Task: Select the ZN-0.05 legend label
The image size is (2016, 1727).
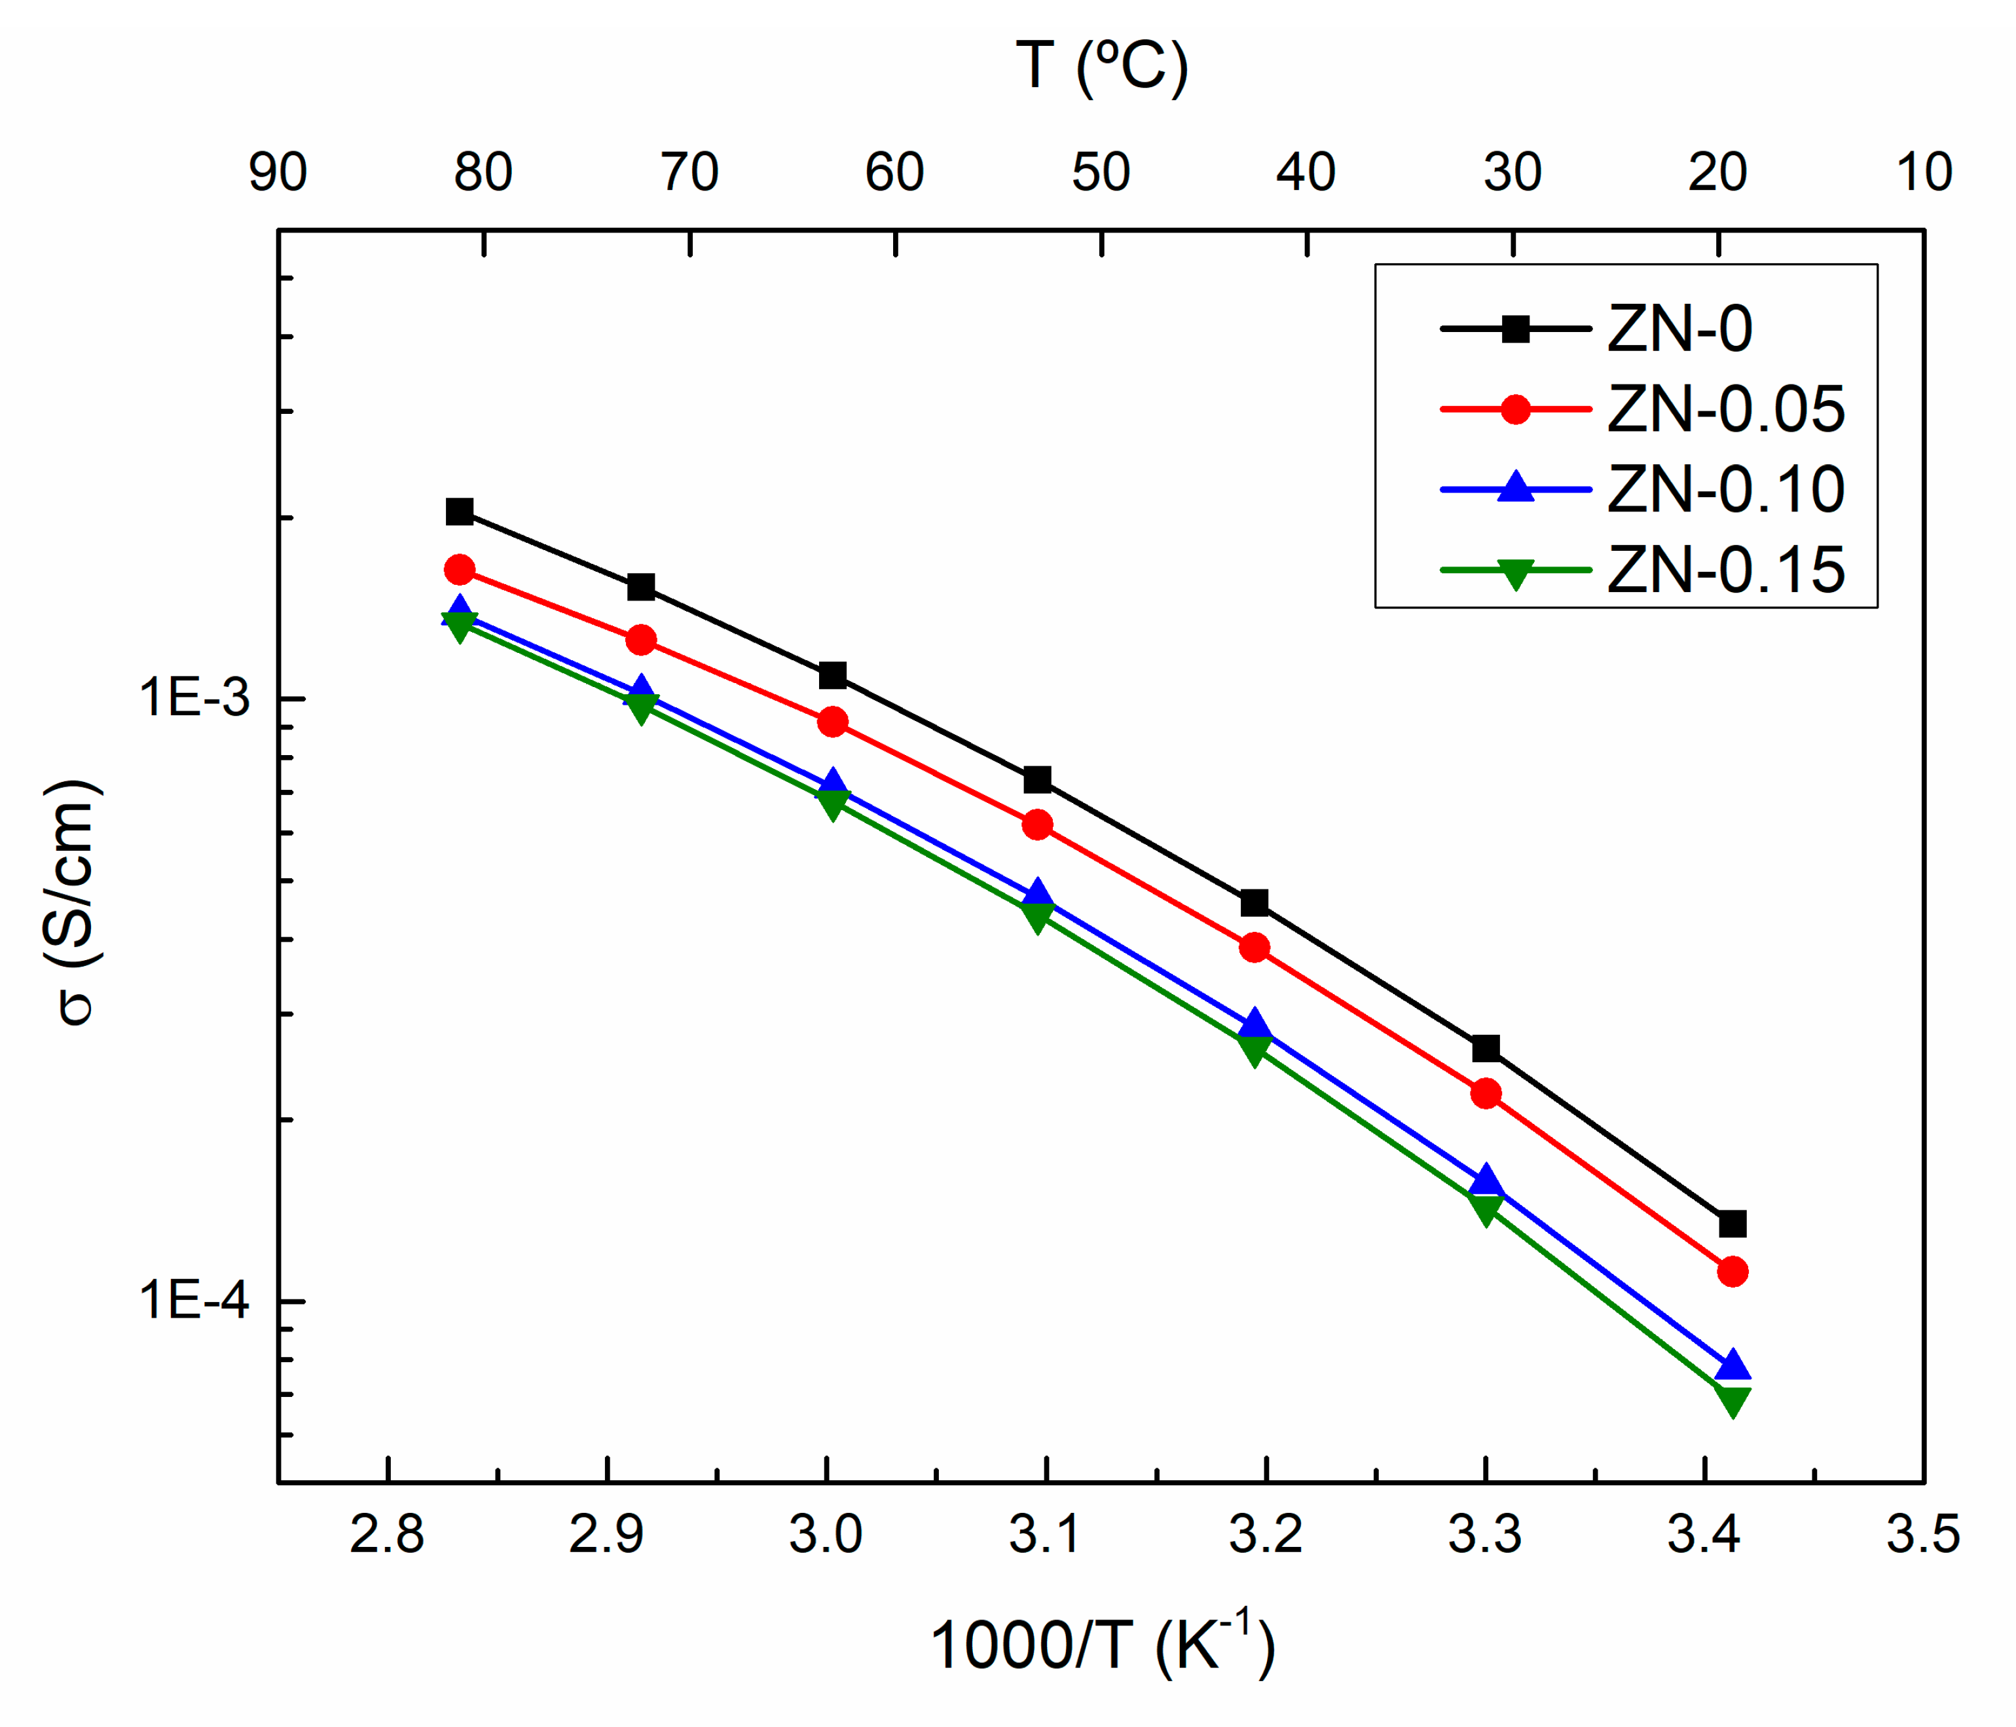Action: pyautogui.click(x=1725, y=409)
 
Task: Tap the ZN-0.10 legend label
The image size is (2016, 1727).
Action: pyautogui.click(x=1725, y=489)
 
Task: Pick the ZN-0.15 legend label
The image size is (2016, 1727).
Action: pyautogui.click(x=1725, y=570)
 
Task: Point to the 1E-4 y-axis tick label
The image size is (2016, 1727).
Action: pyautogui.click(x=194, y=1300)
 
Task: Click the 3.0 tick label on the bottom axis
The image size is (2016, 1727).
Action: pyautogui.click(x=825, y=1534)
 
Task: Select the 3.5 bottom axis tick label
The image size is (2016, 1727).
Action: pyautogui.click(x=1922, y=1534)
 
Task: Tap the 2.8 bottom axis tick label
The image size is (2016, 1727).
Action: pyautogui.click(x=386, y=1534)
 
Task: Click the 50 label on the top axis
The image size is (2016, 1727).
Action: pyautogui.click(x=1101, y=172)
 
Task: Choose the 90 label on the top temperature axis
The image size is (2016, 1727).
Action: pyautogui.click(x=278, y=172)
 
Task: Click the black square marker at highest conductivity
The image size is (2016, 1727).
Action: pyautogui.click(x=459, y=511)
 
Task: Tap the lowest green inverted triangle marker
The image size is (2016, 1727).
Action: pyautogui.click(x=1732, y=1401)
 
